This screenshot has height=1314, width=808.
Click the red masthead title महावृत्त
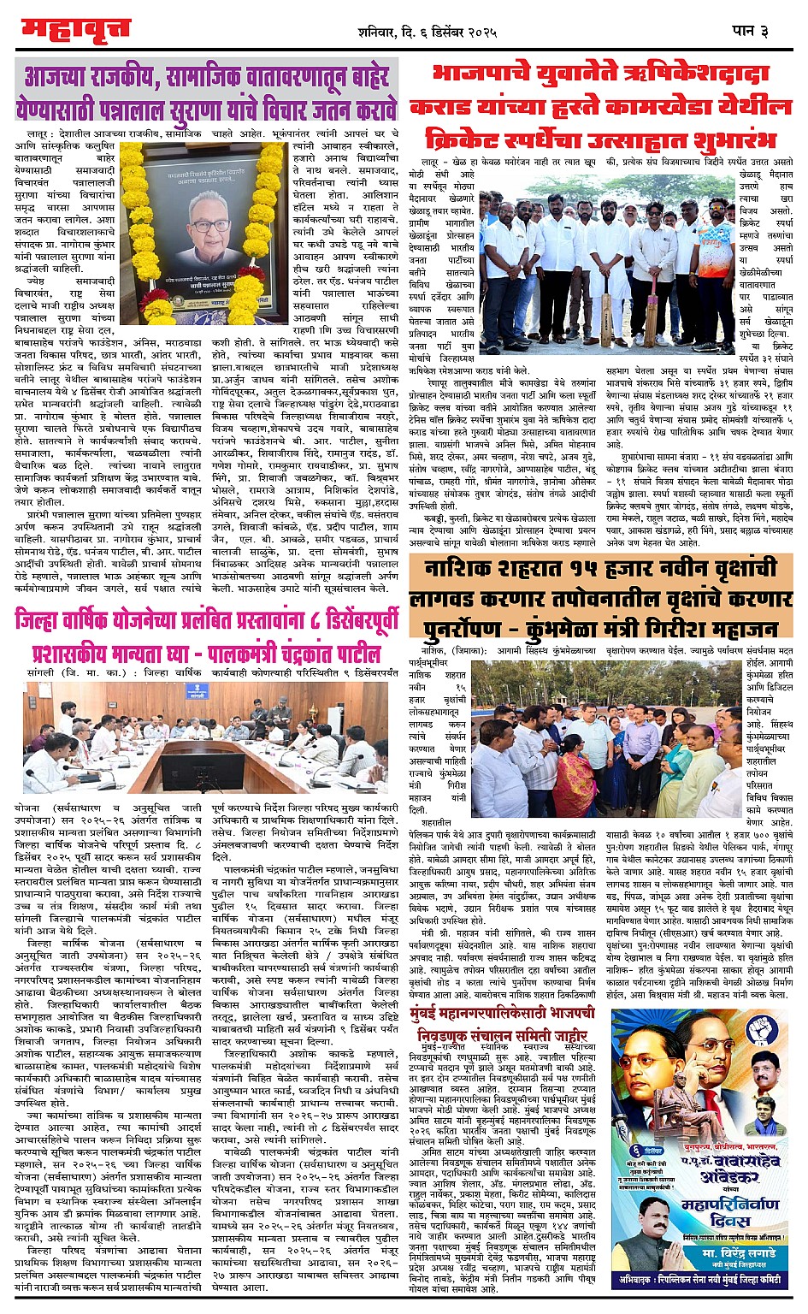pyautogui.click(x=67, y=32)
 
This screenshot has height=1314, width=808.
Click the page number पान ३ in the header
pyautogui.click(x=751, y=32)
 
